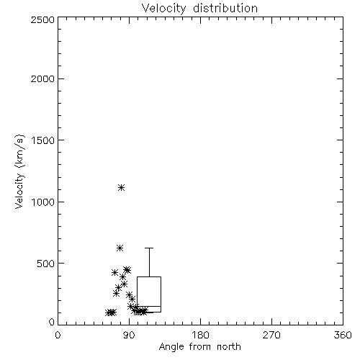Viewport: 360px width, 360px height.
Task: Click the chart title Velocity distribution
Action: click(199, 9)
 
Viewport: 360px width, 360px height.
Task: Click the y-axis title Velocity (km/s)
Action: click(19, 171)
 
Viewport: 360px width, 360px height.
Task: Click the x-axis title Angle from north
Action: click(200, 347)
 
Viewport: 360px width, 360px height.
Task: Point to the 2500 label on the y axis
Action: click(42, 19)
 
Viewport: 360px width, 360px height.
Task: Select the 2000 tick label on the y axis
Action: click(42, 78)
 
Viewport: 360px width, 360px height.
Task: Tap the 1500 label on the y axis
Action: click(43, 140)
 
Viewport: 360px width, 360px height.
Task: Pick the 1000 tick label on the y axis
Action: click(43, 202)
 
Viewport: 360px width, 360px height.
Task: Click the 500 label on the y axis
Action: click(46, 264)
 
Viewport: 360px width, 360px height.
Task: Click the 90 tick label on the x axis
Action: click(129, 335)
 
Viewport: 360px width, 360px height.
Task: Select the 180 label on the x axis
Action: click(200, 335)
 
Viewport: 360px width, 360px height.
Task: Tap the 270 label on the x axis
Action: click(271, 335)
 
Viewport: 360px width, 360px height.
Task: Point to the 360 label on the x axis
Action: click(343, 335)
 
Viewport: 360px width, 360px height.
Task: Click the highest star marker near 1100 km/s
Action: click(122, 187)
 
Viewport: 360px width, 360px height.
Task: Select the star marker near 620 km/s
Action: click(120, 248)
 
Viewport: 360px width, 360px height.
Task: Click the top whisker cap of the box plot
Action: click(149, 248)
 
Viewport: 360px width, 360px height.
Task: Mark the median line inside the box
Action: click(149, 306)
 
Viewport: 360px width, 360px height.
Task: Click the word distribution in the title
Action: click(225, 8)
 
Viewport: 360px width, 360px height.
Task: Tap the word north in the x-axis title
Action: click(229, 347)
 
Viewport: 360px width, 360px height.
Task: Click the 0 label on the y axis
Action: click(52, 322)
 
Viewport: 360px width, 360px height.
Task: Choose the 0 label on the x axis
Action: click(58, 335)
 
